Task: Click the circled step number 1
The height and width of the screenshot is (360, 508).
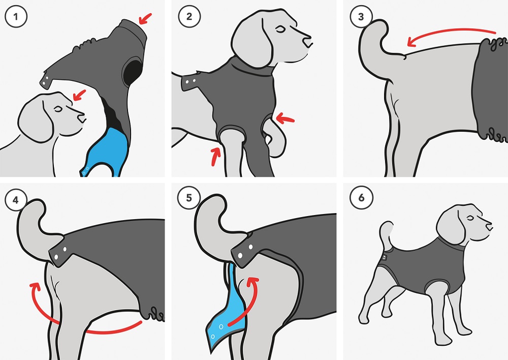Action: click(x=16, y=16)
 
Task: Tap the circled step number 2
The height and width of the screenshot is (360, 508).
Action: click(x=189, y=16)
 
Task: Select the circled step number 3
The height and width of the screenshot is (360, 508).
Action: click(x=361, y=17)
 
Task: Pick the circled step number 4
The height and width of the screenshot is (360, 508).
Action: click(x=16, y=200)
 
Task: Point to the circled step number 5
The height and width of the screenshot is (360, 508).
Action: click(x=189, y=197)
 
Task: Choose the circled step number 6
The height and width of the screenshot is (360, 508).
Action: click(x=361, y=197)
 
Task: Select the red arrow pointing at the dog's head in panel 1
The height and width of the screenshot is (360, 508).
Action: click(x=79, y=95)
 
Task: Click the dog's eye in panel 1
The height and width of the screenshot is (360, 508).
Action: click(x=58, y=109)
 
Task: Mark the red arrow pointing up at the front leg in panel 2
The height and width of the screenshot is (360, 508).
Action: click(x=215, y=156)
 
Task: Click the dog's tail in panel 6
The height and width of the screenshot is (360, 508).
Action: click(x=386, y=235)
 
